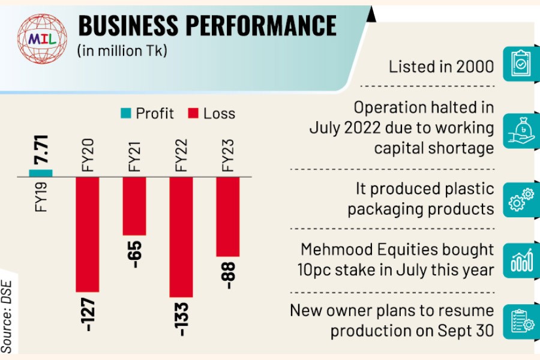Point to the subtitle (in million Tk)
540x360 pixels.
[x=122, y=51]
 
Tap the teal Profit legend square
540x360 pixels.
[x=125, y=113]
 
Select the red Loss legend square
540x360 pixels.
[x=193, y=113]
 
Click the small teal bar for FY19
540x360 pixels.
[x=41, y=173]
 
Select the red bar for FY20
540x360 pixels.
[x=87, y=235]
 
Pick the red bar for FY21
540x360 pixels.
[x=134, y=206]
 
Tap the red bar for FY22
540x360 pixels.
[x=181, y=237]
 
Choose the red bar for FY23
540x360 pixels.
[x=228, y=217]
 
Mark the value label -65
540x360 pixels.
[x=134, y=254]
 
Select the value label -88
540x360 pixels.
[x=229, y=275]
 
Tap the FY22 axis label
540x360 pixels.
[x=182, y=156]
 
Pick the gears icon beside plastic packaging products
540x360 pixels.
[x=520, y=199]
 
